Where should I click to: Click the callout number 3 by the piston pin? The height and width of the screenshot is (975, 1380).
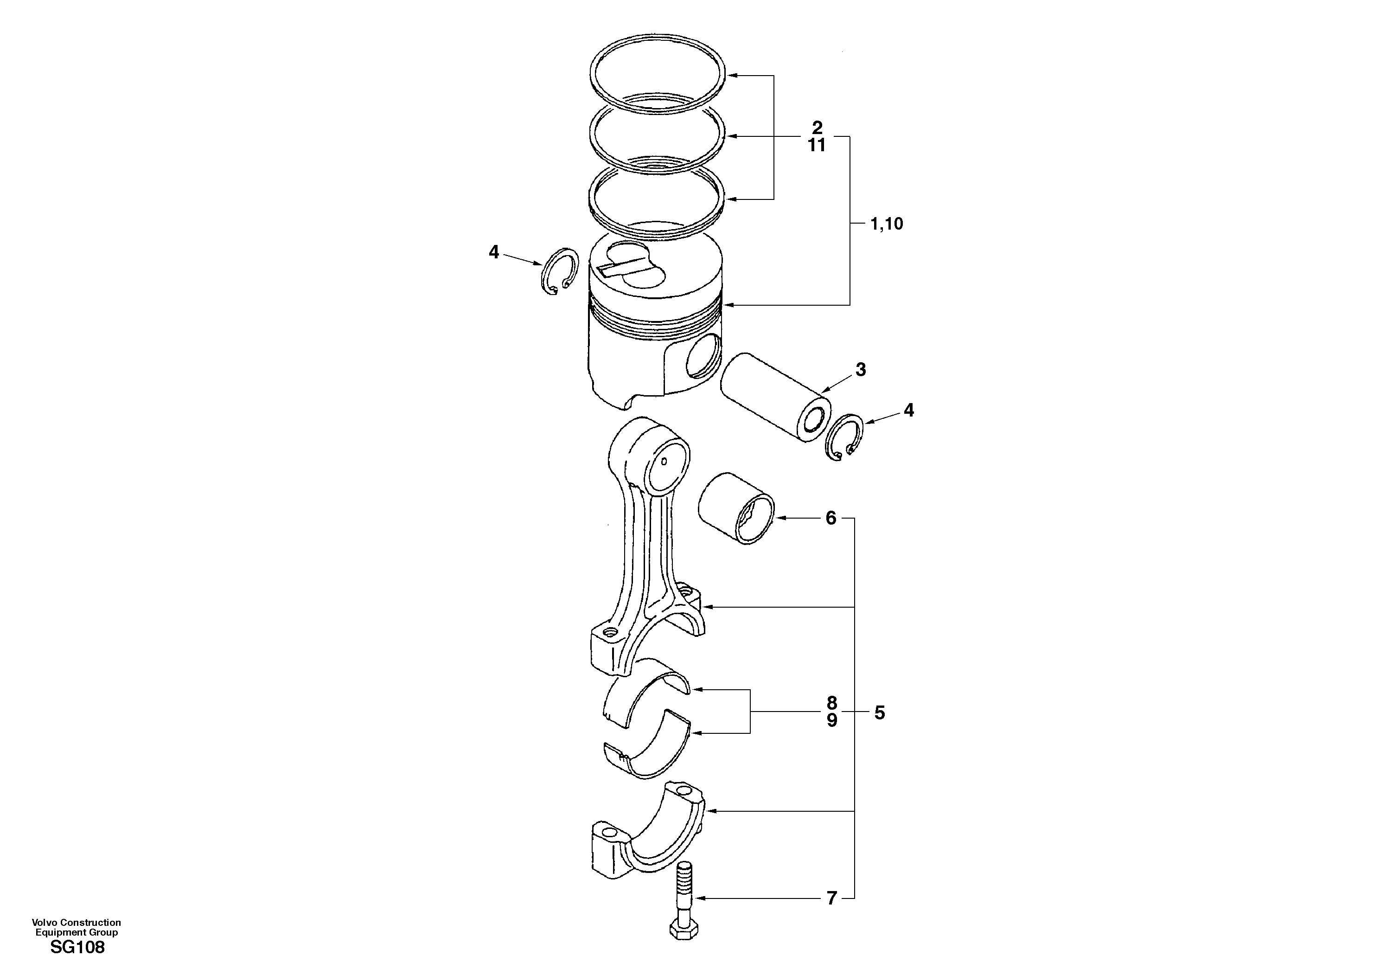861,370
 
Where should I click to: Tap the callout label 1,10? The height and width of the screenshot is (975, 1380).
887,224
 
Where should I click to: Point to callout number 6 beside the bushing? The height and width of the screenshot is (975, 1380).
831,518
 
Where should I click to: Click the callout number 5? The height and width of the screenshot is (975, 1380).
879,713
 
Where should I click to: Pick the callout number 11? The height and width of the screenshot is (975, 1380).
816,146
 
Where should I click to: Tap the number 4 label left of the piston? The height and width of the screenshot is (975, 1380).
493,252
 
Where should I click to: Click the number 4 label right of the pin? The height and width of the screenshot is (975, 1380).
909,411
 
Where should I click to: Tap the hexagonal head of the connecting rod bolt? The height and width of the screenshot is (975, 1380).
684,948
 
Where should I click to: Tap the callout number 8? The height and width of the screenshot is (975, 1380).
831,703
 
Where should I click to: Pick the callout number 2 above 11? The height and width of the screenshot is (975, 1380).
817,128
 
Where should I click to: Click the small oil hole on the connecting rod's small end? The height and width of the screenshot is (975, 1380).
664,461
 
